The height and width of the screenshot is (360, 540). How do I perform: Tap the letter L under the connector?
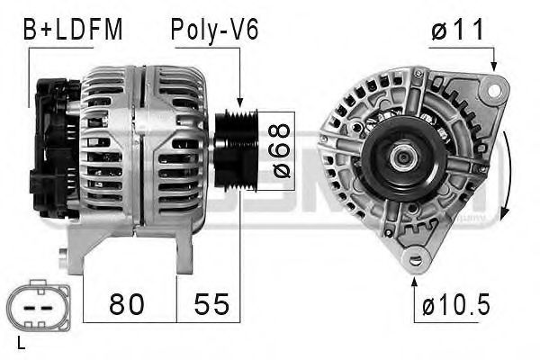(x=21, y=343)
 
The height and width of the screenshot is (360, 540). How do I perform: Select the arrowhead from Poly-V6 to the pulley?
(x=240, y=104)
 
